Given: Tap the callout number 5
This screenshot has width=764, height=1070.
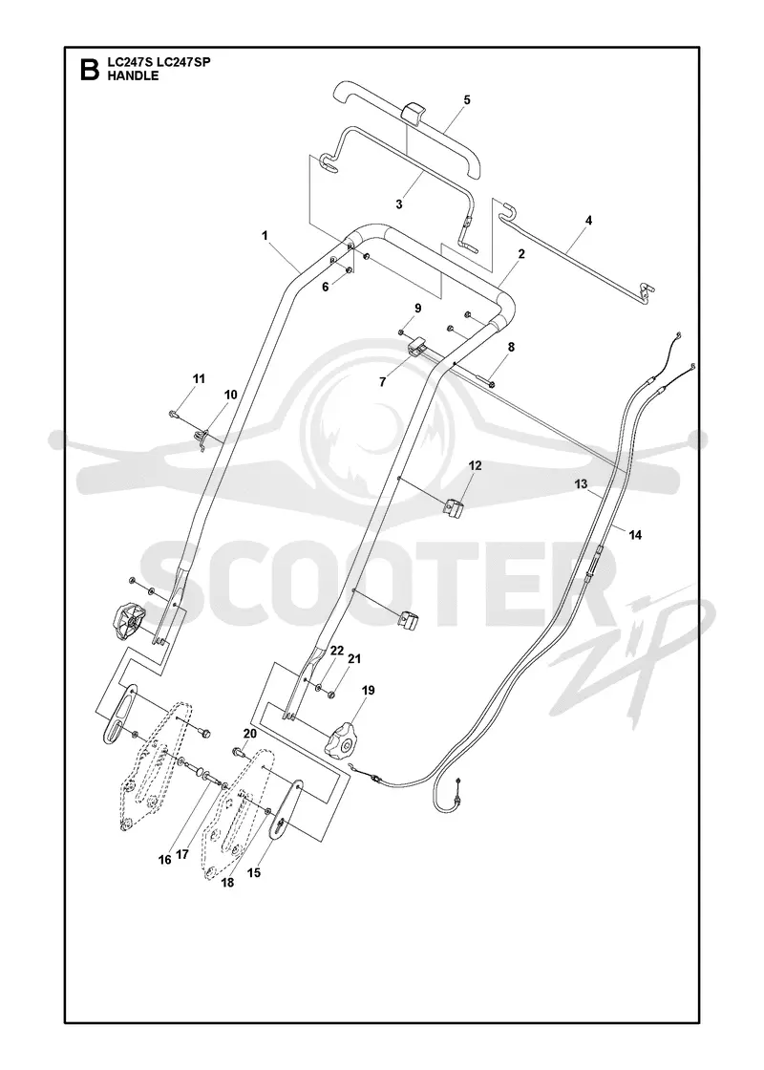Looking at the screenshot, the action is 467,99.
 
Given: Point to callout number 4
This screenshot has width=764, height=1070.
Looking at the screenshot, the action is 588,221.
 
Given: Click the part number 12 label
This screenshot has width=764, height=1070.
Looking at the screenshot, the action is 475,465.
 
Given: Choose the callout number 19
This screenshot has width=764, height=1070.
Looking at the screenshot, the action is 368,690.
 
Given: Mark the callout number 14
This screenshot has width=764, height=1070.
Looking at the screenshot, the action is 635,535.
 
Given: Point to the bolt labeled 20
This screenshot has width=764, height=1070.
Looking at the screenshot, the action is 242,753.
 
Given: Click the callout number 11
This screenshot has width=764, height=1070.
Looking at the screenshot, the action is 199,378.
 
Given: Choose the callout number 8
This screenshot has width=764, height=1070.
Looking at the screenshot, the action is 511,347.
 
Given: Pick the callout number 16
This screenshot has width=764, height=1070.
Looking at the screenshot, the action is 164,860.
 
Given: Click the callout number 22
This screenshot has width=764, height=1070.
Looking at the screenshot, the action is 335,651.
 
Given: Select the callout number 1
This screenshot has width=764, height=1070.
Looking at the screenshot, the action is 264,235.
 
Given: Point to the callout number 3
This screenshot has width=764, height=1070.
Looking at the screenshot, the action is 399,203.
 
